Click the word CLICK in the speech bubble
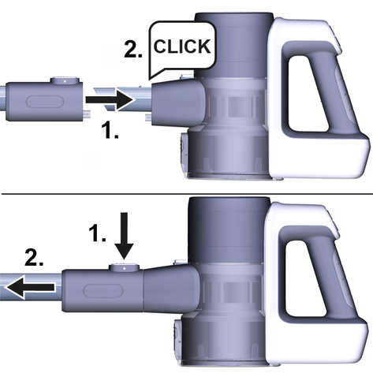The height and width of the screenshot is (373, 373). [x=182, y=47]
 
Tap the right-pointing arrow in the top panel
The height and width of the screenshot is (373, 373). [x=110, y=100]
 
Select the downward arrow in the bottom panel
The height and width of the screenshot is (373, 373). [x=125, y=236]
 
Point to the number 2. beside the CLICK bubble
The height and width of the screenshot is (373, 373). [x=133, y=50]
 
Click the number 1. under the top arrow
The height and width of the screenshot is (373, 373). [x=110, y=130]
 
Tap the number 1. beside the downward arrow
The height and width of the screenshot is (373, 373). [x=97, y=233]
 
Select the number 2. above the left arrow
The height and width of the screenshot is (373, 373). [x=34, y=258]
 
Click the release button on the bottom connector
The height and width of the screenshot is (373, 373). [x=124, y=267]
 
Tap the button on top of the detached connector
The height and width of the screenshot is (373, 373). [x=65, y=80]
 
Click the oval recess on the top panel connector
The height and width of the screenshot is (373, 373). [x=45, y=102]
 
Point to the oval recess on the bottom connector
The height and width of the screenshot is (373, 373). [x=103, y=290]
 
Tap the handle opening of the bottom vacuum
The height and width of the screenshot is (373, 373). [x=305, y=279]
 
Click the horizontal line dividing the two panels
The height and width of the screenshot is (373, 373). [x=187, y=194]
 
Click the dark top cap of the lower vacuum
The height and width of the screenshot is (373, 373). [x=229, y=229]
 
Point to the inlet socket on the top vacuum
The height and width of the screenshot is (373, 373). [x=178, y=103]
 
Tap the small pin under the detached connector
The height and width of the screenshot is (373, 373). [x=87, y=114]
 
